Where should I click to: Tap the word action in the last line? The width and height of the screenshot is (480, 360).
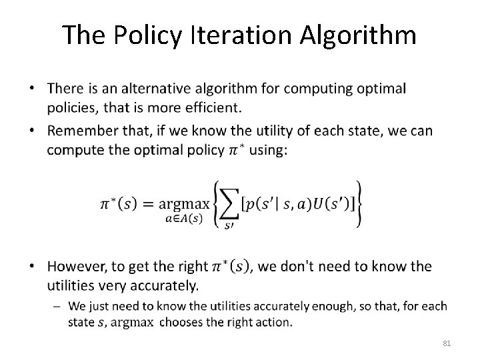coord(273,321)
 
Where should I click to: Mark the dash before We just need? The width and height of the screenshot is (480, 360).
coord(59,307)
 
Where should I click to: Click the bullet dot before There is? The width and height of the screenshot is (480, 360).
coord(34,89)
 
